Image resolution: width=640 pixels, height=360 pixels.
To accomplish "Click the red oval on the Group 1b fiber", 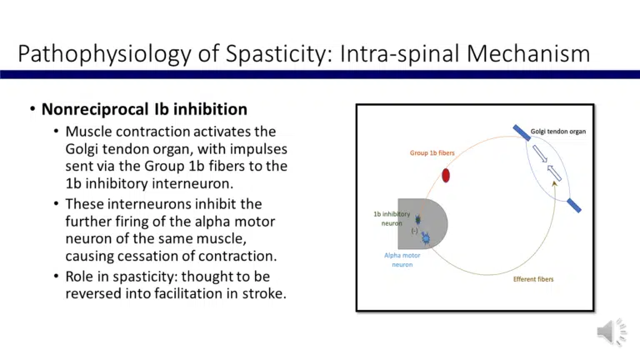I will point(446,175).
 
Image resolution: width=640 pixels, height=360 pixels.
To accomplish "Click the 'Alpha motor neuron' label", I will point(402,260).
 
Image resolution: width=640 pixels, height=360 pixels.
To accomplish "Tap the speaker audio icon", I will point(612,332).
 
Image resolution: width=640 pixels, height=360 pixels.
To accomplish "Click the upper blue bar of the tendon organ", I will point(522,132).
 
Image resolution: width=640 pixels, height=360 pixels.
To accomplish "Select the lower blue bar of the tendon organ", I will point(573,205).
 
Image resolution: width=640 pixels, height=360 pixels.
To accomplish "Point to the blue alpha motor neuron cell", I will point(426,239).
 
